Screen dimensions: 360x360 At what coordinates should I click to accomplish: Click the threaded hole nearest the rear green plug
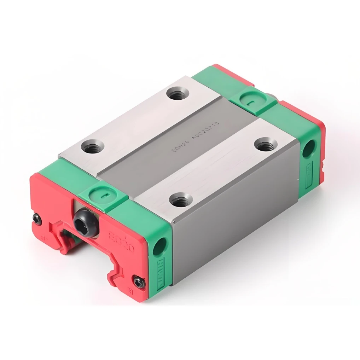(x=265, y=144)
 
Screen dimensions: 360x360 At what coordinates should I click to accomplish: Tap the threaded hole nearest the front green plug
(x=93, y=147)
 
